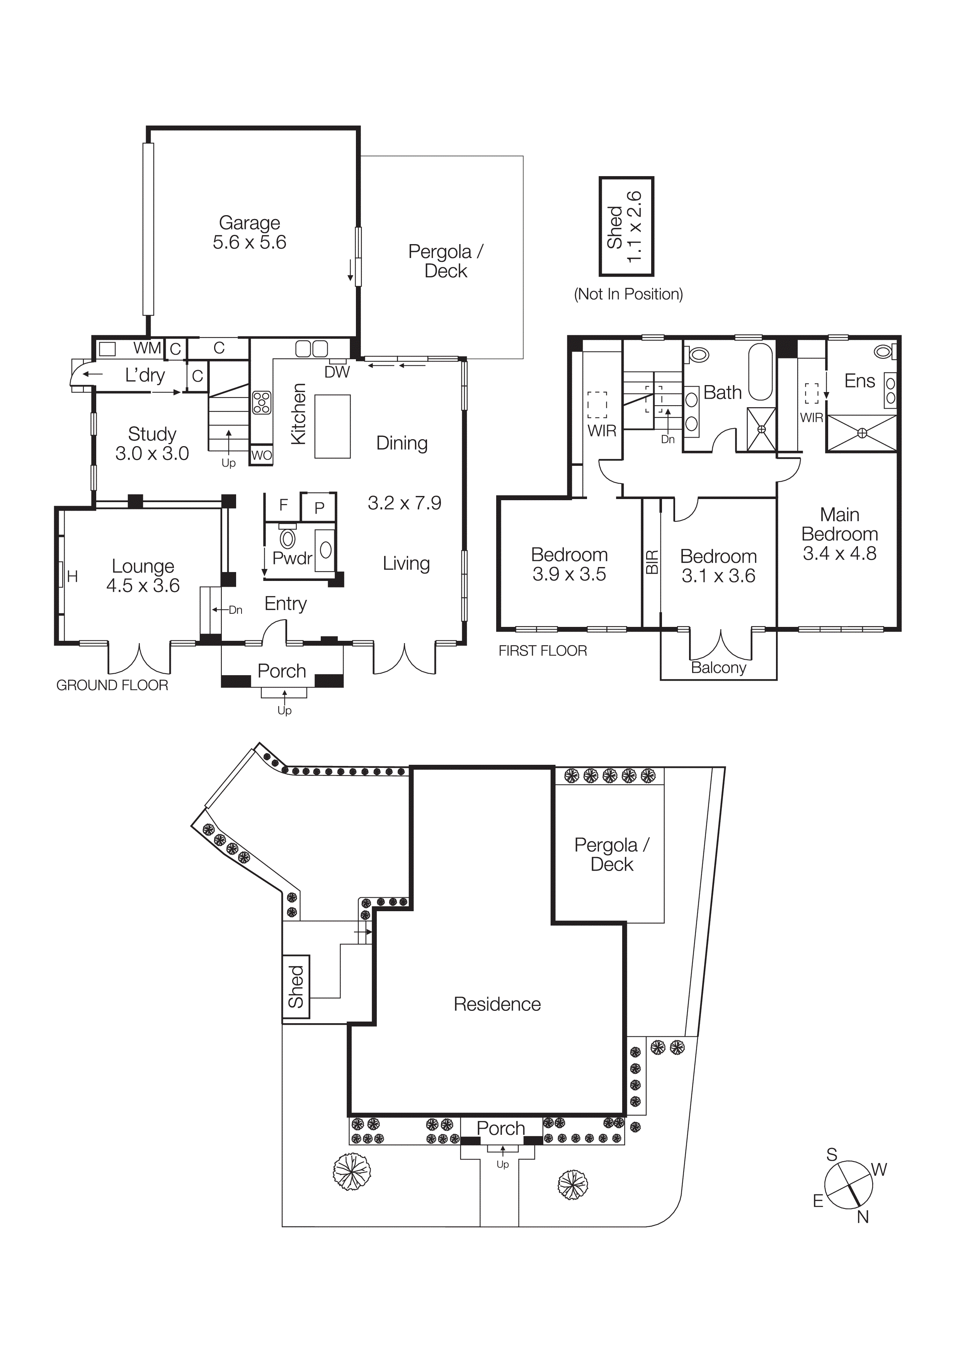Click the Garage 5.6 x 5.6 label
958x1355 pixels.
[x=249, y=233]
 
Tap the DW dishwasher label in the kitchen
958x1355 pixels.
[x=337, y=372]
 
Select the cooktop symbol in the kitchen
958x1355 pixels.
[x=262, y=402]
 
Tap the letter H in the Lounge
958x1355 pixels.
[x=73, y=577]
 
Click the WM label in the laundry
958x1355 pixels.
[x=146, y=348]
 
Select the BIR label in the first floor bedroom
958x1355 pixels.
[x=652, y=562]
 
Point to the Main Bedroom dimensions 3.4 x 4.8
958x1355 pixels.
[x=839, y=554]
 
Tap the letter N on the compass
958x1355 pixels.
[x=863, y=1217]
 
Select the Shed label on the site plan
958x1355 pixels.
[x=296, y=987]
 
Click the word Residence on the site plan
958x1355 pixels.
[x=497, y=1004]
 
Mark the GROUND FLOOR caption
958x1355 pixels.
[x=112, y=685]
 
